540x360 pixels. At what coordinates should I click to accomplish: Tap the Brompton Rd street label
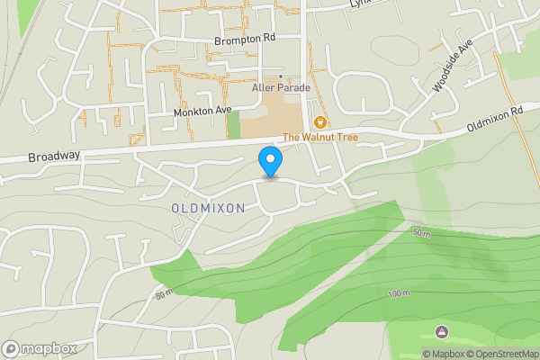[x=245, y=40]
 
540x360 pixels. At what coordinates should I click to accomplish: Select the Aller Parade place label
[x=281, y=88]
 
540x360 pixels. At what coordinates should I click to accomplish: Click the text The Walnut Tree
[x=320, y=137]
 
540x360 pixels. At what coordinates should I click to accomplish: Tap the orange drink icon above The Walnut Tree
[x=319, y=122]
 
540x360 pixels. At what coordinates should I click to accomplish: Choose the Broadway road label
[x=53, y=156]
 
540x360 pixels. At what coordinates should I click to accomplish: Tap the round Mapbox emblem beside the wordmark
[x=12, y=348]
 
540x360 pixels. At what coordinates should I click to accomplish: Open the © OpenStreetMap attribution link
[x=501, y=354]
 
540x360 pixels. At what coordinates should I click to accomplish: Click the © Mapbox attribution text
[x=443, y=354]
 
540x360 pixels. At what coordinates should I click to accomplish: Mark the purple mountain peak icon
[x=441, y=332]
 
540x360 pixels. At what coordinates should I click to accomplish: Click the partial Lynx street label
[x=360, y=4]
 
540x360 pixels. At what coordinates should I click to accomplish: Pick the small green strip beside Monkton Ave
[x=234, y=124]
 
